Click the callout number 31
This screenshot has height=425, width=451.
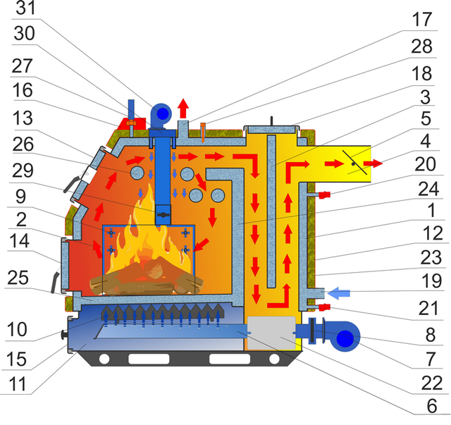pos(26,8)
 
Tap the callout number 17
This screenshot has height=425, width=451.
pos(422,19)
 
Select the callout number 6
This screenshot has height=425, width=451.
pos(432,406)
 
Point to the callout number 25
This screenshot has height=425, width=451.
pos(18,278)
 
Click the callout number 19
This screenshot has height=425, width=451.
pos(432,281)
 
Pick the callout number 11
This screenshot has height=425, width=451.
pos(17,384)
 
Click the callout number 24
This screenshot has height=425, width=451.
pos(428,189)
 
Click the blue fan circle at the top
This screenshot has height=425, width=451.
pos(163,113)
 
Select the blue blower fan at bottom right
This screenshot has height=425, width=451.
pos(345,336)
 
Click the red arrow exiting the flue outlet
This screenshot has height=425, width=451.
pos(373,164)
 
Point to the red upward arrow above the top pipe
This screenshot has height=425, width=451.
pos(183,109)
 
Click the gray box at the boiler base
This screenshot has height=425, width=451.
pos(271,333)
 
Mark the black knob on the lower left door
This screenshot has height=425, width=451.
pos(63,335)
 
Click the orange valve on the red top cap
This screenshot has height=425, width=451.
pos(131,123)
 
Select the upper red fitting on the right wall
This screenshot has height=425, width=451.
pos(324,195)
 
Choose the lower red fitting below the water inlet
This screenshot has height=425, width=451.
pos(324,307)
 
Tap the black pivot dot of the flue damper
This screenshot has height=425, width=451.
pos(353,164)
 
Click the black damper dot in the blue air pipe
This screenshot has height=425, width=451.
pos(163,215)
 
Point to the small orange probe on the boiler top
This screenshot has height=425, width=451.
pos(203,133)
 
